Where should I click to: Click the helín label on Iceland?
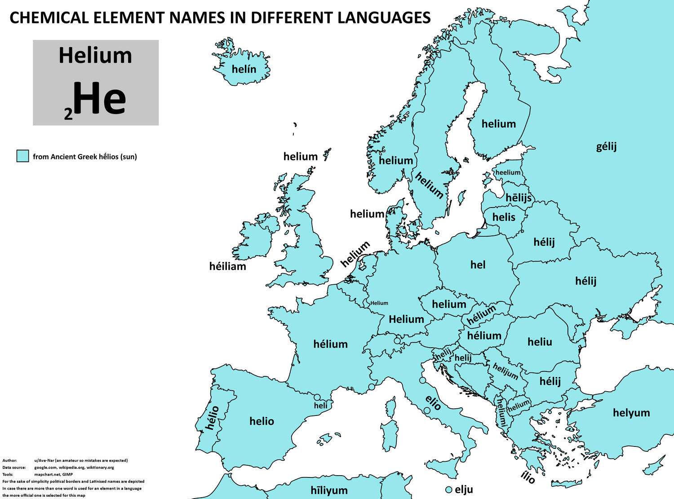pos(244,69)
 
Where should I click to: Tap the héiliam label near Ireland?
pos(228,266)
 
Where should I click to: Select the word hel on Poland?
pos(478,265)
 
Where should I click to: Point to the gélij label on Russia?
pos(606,146)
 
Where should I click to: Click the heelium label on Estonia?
pos(508,172)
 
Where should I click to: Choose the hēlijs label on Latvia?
pos(518,198)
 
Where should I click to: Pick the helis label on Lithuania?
pos(504,217)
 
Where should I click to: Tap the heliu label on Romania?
pos(540,342)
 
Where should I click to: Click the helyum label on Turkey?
pos(631,412)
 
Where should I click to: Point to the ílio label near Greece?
pos(528,478)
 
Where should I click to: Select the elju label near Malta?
pos(464,489)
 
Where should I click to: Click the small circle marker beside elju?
pos(448,490)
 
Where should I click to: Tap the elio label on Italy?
pos(433,403)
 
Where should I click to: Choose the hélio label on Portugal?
pos(212,417)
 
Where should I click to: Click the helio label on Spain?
pos(262,421)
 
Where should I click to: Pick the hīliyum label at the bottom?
pos(329,490)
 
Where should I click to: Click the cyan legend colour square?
pos(22,156)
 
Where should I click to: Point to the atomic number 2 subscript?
pos(68,115)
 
